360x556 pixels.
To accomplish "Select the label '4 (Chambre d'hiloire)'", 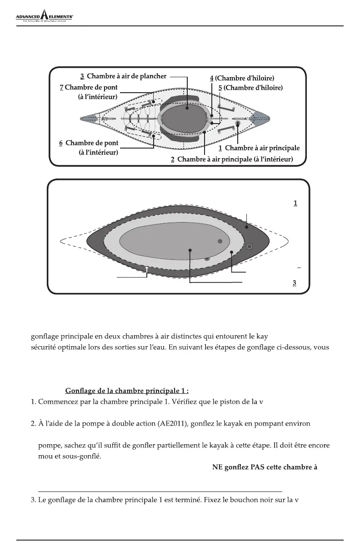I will (x=242, y=78).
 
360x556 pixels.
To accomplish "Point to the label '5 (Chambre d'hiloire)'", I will (x=250, y=88).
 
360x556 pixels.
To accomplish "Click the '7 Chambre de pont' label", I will (x=89, y=87).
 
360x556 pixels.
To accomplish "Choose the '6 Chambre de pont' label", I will (x=89, y=143).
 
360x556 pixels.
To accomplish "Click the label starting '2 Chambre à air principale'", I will (x=231, y=159).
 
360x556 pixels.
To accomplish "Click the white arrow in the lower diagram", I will (x=147, y=269).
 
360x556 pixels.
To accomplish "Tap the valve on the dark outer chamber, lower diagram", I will (x=249, y=246).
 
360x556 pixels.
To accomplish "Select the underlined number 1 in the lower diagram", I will (x=295, y=203).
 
